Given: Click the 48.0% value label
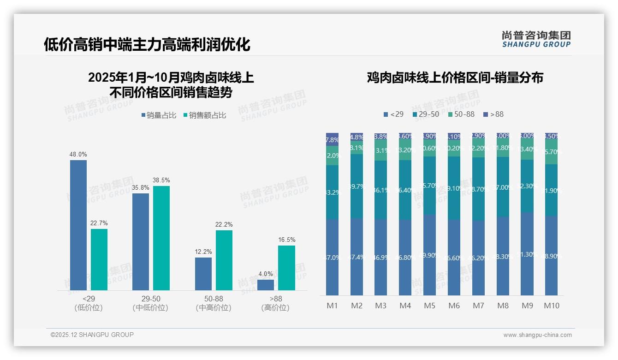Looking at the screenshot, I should tap(78, 155).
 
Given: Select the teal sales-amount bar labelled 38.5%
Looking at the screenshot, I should tap(161, 238).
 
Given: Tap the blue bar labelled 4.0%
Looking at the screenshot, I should tap(266, 285).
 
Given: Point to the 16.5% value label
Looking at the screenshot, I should tap(287, 240).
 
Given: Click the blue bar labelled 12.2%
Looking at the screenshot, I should tap(203, 274).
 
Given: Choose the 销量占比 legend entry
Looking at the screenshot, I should tap(159, 115).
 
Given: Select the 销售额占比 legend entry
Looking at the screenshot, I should tap(205, 115).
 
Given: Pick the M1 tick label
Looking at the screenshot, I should tap(333, 306).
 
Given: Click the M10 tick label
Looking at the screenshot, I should tap(552, 306).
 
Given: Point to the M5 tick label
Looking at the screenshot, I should tap(430, 306).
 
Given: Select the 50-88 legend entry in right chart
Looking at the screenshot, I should tap(461, 114).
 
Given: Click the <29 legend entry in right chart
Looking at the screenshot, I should tap(393, 114).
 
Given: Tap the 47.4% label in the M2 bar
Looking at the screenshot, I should tap(357, 257).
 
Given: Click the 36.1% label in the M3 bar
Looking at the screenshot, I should tap(381, 190).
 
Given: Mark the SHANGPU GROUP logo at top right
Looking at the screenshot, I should tap(536, 39).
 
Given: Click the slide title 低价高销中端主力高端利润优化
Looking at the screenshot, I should tap(147, 44).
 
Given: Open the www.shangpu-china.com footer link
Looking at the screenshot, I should tap(537, 335).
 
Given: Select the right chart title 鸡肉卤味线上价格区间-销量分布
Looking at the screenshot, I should tap(455, 78).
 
